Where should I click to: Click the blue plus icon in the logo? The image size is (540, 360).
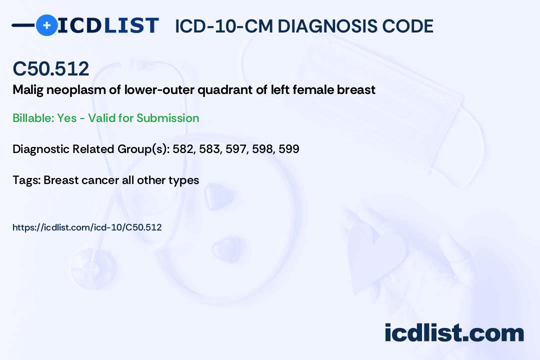click(46, 25)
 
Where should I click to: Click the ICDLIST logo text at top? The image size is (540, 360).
click(108, 25)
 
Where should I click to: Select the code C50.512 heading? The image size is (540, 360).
click(51, 69)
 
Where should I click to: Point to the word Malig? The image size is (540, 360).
click(27, 90)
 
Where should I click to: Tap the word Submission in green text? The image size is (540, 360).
click(168, 118)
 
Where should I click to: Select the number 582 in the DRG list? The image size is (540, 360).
click(182, 149)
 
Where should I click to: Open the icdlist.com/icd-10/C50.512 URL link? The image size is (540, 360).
click(87, 227)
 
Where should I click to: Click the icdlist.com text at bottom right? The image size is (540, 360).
click(454, 333)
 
